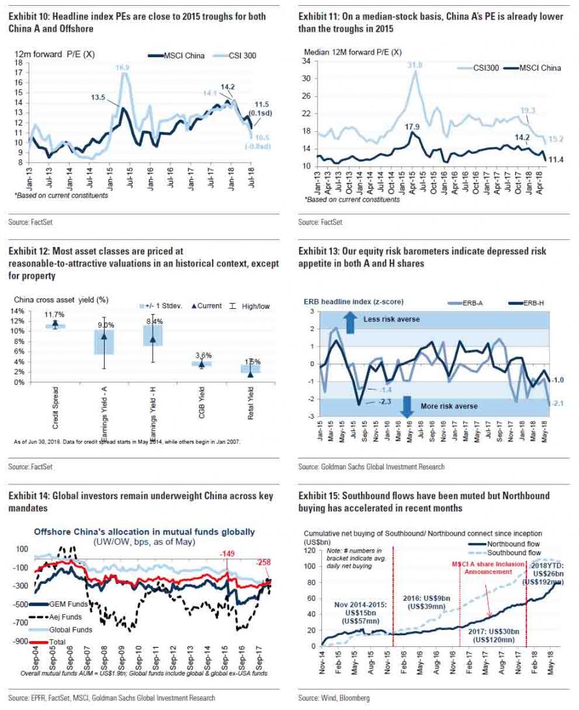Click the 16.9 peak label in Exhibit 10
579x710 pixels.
click(x=122, y=67)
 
